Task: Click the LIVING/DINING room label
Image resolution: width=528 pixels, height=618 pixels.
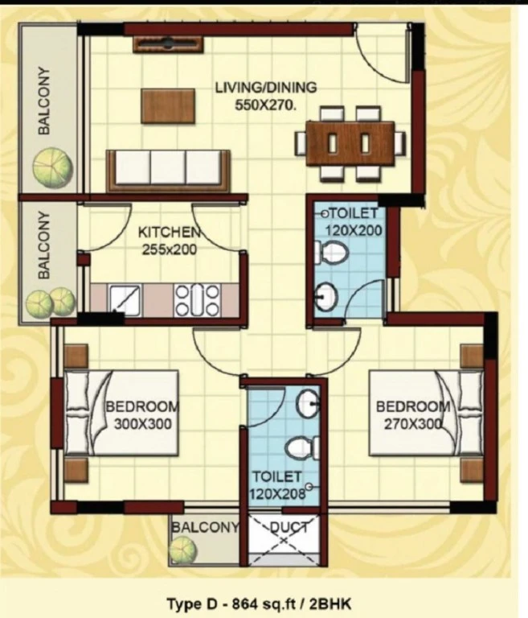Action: (x=266, y=87)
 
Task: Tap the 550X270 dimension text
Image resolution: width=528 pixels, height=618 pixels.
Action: (x=265, y=105)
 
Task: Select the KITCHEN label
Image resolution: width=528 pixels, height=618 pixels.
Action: (x=170, y=232)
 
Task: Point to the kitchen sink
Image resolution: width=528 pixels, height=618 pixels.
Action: (x=125, y=300)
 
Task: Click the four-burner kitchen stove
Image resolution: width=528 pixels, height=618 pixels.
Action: (x=197, y=300)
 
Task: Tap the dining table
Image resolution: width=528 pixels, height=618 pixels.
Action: (x=350, y=143)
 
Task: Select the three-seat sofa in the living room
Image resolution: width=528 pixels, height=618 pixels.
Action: (x=169, y=171)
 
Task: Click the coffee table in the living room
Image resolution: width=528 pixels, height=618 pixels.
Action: (x=168, y=106)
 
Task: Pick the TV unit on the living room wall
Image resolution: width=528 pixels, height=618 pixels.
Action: (x=168, y=43)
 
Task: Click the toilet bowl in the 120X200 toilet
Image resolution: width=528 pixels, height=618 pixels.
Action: (x=332, y=252)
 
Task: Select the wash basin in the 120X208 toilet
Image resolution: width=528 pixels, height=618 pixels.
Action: (x=308, y=403)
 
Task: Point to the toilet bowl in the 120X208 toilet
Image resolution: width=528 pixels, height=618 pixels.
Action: (x=304, y=448)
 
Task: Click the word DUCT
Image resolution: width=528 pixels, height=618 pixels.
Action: (x=289, y=527)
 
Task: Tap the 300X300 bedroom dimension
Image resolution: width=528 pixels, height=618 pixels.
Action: (x=142, y=424)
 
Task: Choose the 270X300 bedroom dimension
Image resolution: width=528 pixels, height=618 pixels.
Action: (x=412, y=424)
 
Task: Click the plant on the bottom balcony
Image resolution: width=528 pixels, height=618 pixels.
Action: (x=183, y=550)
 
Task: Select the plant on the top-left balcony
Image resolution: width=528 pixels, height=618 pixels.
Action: (x=52, y=167)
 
